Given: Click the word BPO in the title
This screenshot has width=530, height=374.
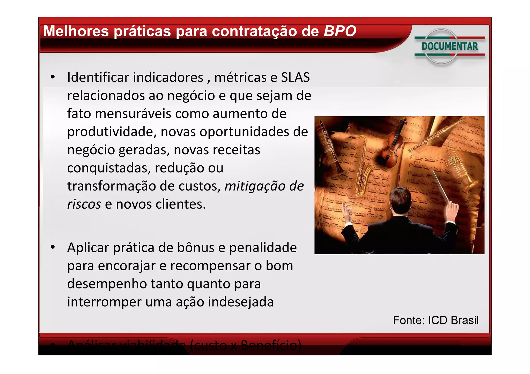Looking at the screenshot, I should tap(340, 31).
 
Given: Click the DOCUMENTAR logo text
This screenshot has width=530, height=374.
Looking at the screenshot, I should tap(450, 46).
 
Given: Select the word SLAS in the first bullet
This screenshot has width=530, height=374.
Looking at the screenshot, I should tap(295, 77).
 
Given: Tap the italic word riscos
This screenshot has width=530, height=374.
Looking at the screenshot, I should tap(84, 204).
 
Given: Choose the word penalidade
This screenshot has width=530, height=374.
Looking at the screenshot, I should tap(263, 248).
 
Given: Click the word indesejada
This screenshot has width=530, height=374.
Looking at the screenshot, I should tap(241, 302).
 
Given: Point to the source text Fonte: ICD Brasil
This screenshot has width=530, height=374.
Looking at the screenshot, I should tap(436, 320).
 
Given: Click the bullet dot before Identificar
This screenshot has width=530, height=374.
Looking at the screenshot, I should tap(53, 77).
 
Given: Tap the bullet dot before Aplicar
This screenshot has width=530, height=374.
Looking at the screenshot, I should tap(53, 247).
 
